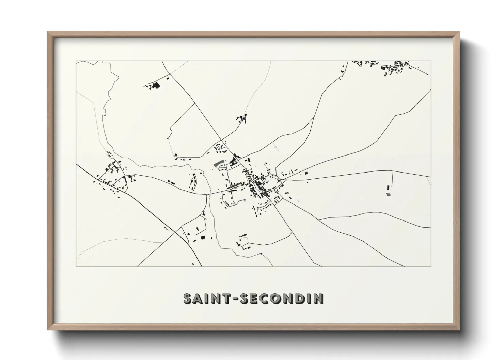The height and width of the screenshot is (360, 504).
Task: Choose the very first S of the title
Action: tap(189, 298)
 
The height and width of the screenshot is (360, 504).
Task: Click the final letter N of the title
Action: tap(319, 298)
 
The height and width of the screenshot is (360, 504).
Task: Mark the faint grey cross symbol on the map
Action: tap(276, 147)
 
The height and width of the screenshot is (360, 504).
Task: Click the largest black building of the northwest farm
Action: tap(156, 85)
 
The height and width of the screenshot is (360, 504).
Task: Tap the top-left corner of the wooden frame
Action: tap(48, 33)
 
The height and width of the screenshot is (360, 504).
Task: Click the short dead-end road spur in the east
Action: tap(393, 177)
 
